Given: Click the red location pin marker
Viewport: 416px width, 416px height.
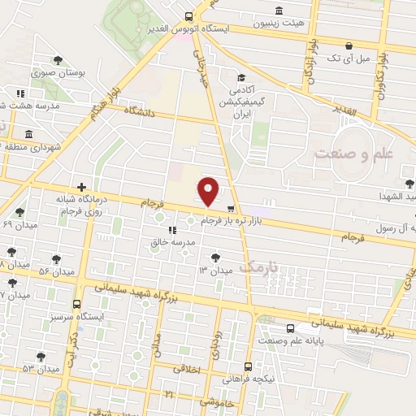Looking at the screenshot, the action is coord(209,191).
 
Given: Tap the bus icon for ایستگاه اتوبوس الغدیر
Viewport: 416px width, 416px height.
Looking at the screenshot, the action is coord(189,16).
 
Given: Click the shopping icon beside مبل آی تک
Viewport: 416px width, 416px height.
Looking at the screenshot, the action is coord(349,45).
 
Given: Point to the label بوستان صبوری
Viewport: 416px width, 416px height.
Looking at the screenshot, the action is coord(58,72).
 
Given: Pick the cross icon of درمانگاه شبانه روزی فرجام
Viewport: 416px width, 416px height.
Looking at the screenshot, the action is coord(81,188).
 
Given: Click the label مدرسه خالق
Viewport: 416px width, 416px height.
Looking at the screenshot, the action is coord(172,242).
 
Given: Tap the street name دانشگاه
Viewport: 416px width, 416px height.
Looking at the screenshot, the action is coord(139,112).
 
